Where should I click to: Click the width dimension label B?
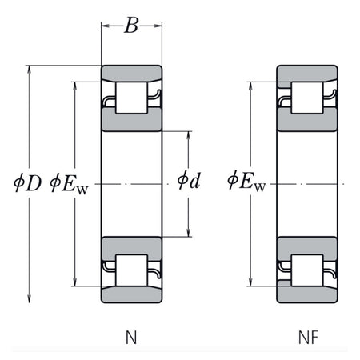[131, 26]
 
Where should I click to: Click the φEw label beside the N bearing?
[69, 183]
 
